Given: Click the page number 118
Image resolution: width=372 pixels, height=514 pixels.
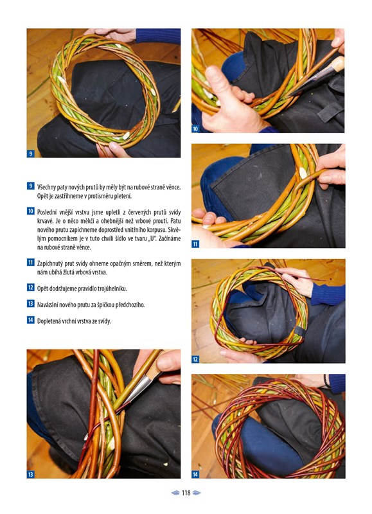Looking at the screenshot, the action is pyautogui.click(x=186, y=493).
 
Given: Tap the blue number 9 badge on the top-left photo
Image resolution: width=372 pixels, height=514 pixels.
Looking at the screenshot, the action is pyautogui.click(x=30, y=154).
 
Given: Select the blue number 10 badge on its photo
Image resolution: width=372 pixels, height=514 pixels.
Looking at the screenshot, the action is pyautogui.click(x=195, y=129).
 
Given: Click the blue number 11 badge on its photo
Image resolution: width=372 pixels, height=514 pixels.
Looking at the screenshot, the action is pyautogui.click(x=195, y=244).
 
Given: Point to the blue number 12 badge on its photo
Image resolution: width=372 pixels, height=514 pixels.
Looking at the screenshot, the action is pyautogui.click(x=195, y=359).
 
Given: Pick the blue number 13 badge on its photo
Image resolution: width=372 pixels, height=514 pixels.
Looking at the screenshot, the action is pyautogui.click(x=30, y=474).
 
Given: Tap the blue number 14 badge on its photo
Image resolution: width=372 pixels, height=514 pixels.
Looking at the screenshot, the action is pyautogui.click(x=195, y=474).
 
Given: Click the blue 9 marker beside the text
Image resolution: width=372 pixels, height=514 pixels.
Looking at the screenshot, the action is pyautogui.click(x=30, y=186).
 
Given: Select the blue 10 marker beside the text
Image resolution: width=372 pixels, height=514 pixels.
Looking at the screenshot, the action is pyautogui.click(x=30, y=211).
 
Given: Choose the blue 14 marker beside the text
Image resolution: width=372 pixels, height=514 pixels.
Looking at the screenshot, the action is pyautogui.click(x=30, y=319).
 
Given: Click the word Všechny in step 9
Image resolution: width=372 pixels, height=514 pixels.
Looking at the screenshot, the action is pyautogui.click(x=46, y=188).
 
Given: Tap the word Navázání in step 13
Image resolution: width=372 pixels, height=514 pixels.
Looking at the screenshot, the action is pyautogui.click(x=47, y=305).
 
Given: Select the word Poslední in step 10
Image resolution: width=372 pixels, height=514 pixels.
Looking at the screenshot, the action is pyautogui.click(x=47, y=213).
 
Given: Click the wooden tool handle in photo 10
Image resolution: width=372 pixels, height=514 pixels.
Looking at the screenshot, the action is pyautogui.click(x=335, y=65).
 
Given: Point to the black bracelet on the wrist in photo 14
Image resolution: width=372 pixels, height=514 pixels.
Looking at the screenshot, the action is pyautogui.click(x=326, y=381).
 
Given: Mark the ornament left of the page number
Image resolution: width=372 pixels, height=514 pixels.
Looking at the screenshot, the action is pyautogui.click(x=175, y=493).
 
